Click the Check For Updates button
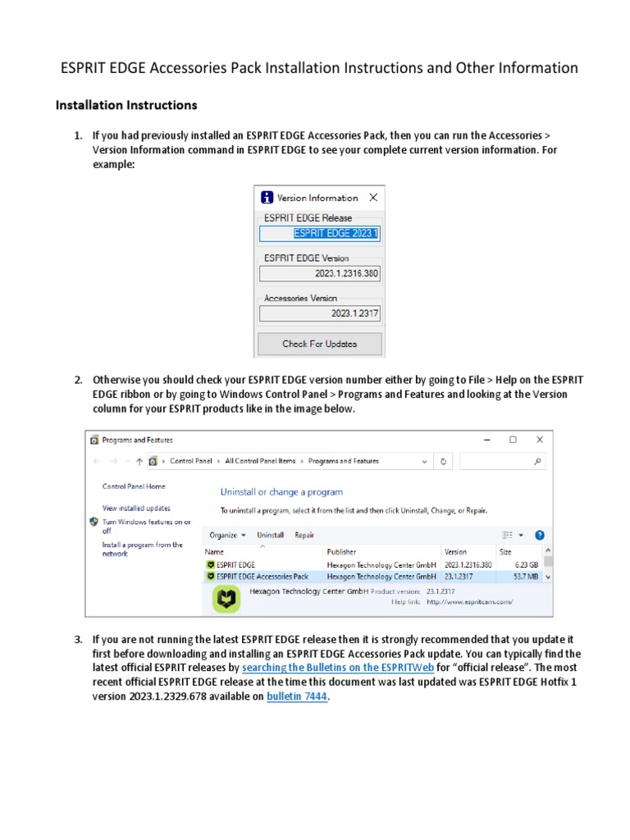(x=319, y=344)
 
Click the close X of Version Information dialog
(x=373, y=198)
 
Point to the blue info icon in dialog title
(x=267, y=198)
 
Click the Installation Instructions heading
(x=126, y=105)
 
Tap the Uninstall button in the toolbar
(x=270, y=535)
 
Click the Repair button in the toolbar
(x=304, y=535)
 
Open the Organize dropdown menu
(x=227, y=535)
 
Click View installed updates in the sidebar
(x=136, y=508)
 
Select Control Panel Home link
(x=133, y=486)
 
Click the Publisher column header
(x=342, y=552)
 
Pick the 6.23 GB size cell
(x=526, y=564)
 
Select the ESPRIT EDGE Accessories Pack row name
(x=262, y=577)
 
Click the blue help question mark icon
(x=540, y=535)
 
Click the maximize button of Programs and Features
(x=513, y=440)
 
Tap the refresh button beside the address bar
(x=444, y=461)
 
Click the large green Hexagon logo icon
(x=226, y=601)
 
